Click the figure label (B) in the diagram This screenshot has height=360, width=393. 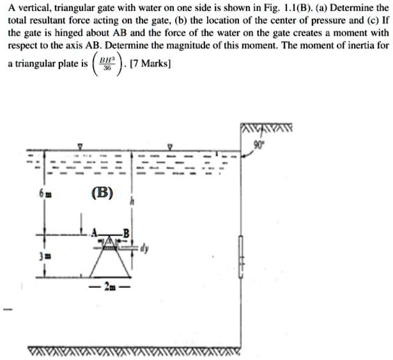pos(103,192)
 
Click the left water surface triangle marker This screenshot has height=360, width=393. pos(79,146)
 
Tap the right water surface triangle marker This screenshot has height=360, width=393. pos(169,146)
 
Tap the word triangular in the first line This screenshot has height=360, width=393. pos(70,10)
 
